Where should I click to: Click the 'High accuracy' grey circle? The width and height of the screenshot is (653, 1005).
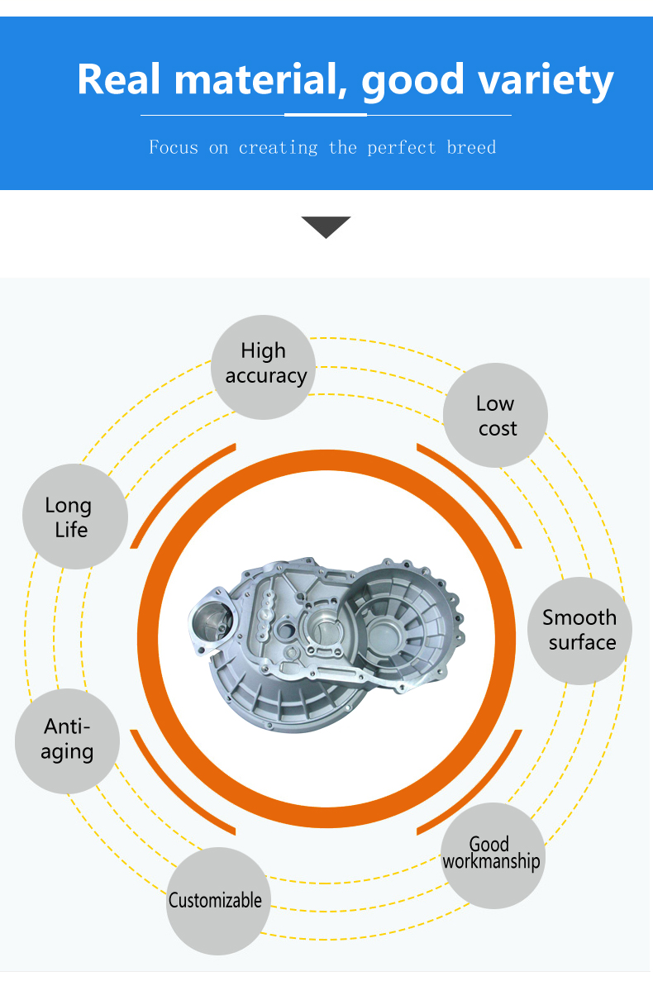pos(263,367)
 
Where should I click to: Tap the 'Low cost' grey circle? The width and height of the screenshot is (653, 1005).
pos(495,415)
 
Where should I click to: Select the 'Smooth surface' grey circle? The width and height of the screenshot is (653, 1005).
pos(579,631)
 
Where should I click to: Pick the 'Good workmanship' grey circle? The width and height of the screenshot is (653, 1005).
pos(493,855)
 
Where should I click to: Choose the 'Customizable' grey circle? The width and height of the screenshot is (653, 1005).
pos(218,901)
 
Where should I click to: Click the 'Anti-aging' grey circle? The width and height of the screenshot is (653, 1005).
pos(67,741)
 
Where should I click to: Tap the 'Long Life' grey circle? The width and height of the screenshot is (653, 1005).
pos(75,517)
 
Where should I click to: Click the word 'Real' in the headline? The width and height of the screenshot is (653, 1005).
pos(118,79)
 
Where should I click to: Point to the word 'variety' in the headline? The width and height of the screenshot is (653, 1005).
pos(546,82)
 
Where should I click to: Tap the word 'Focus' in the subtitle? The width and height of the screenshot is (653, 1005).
pos(174,147)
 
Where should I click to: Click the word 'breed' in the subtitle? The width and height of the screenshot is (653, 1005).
pos(471,147)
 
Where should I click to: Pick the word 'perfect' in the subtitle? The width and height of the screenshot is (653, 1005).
pos(402,148)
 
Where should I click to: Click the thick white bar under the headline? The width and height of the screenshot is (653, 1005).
pos(326,115)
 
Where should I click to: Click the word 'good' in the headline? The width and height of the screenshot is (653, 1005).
pos(412,82)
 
